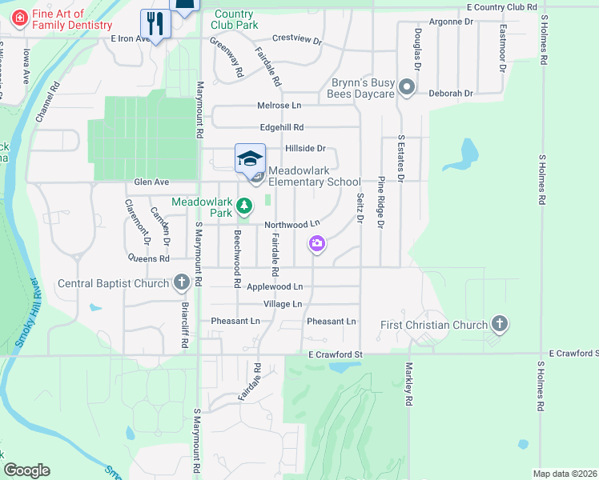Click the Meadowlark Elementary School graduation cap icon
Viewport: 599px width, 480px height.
click(250, 157)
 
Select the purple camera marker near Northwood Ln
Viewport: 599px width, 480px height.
click(317, 243)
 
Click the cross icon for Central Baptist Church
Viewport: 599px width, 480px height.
click(182, 282)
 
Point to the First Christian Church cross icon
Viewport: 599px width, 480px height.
click(500, 324)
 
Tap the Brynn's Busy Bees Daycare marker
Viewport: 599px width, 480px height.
click(408, 87)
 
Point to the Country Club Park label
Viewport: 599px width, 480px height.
click(235, 19)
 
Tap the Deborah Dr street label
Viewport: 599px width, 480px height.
click(450, 94)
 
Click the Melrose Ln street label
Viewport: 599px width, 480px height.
click(279, 106)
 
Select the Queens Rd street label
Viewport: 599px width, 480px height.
click(148, 258)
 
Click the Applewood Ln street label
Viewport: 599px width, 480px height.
click(275, 286)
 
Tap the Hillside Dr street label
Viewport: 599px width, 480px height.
click(305, 149)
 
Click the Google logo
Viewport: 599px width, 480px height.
click(26, 470)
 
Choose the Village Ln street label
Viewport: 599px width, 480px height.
click(282, 304)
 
